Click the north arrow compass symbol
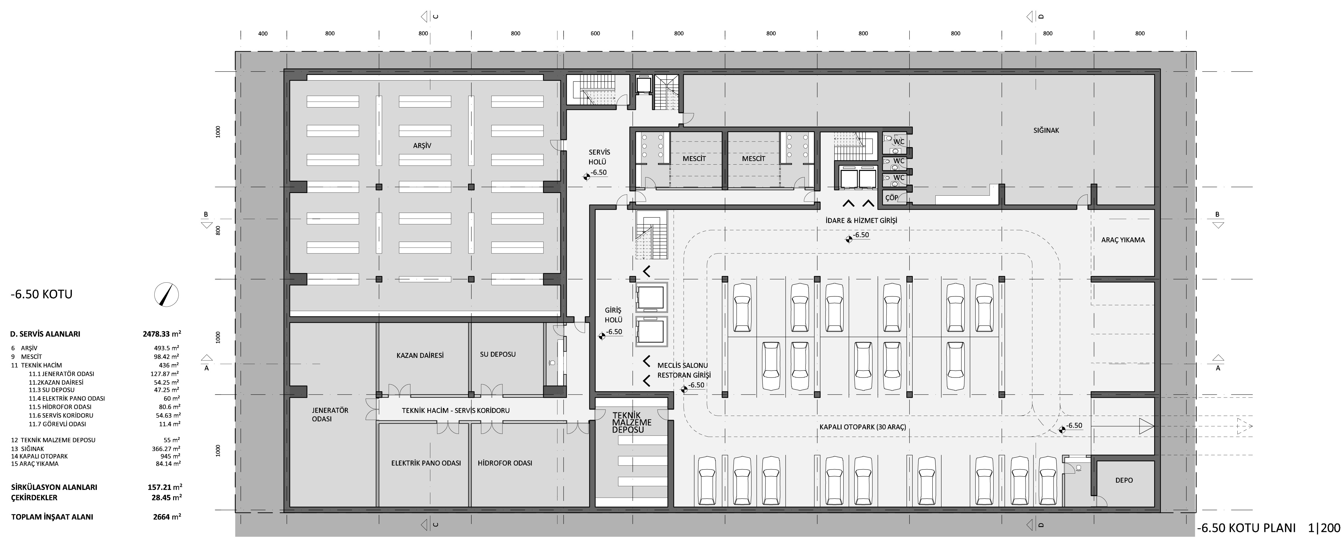pyautogui.click(x=166, y=294)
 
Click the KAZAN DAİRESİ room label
pyautogui.click(x=420, y=355)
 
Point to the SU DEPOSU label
pyautogui.click(x=498, y=354)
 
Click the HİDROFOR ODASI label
pyautogui.click(x=505, y=463)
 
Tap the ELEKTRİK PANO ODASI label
pyautogui.click(x=426, y=463)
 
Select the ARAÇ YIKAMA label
pyautogui.click(x=1123, y=240)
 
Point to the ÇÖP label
pyautogui.click(x=892, y=198)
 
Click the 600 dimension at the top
pyautogui.click(x=595, y=33)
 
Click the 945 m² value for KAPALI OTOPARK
pyautogui.click(x=170, y=456)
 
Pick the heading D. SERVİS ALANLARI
pyautogui.click(x=45, y=334)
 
